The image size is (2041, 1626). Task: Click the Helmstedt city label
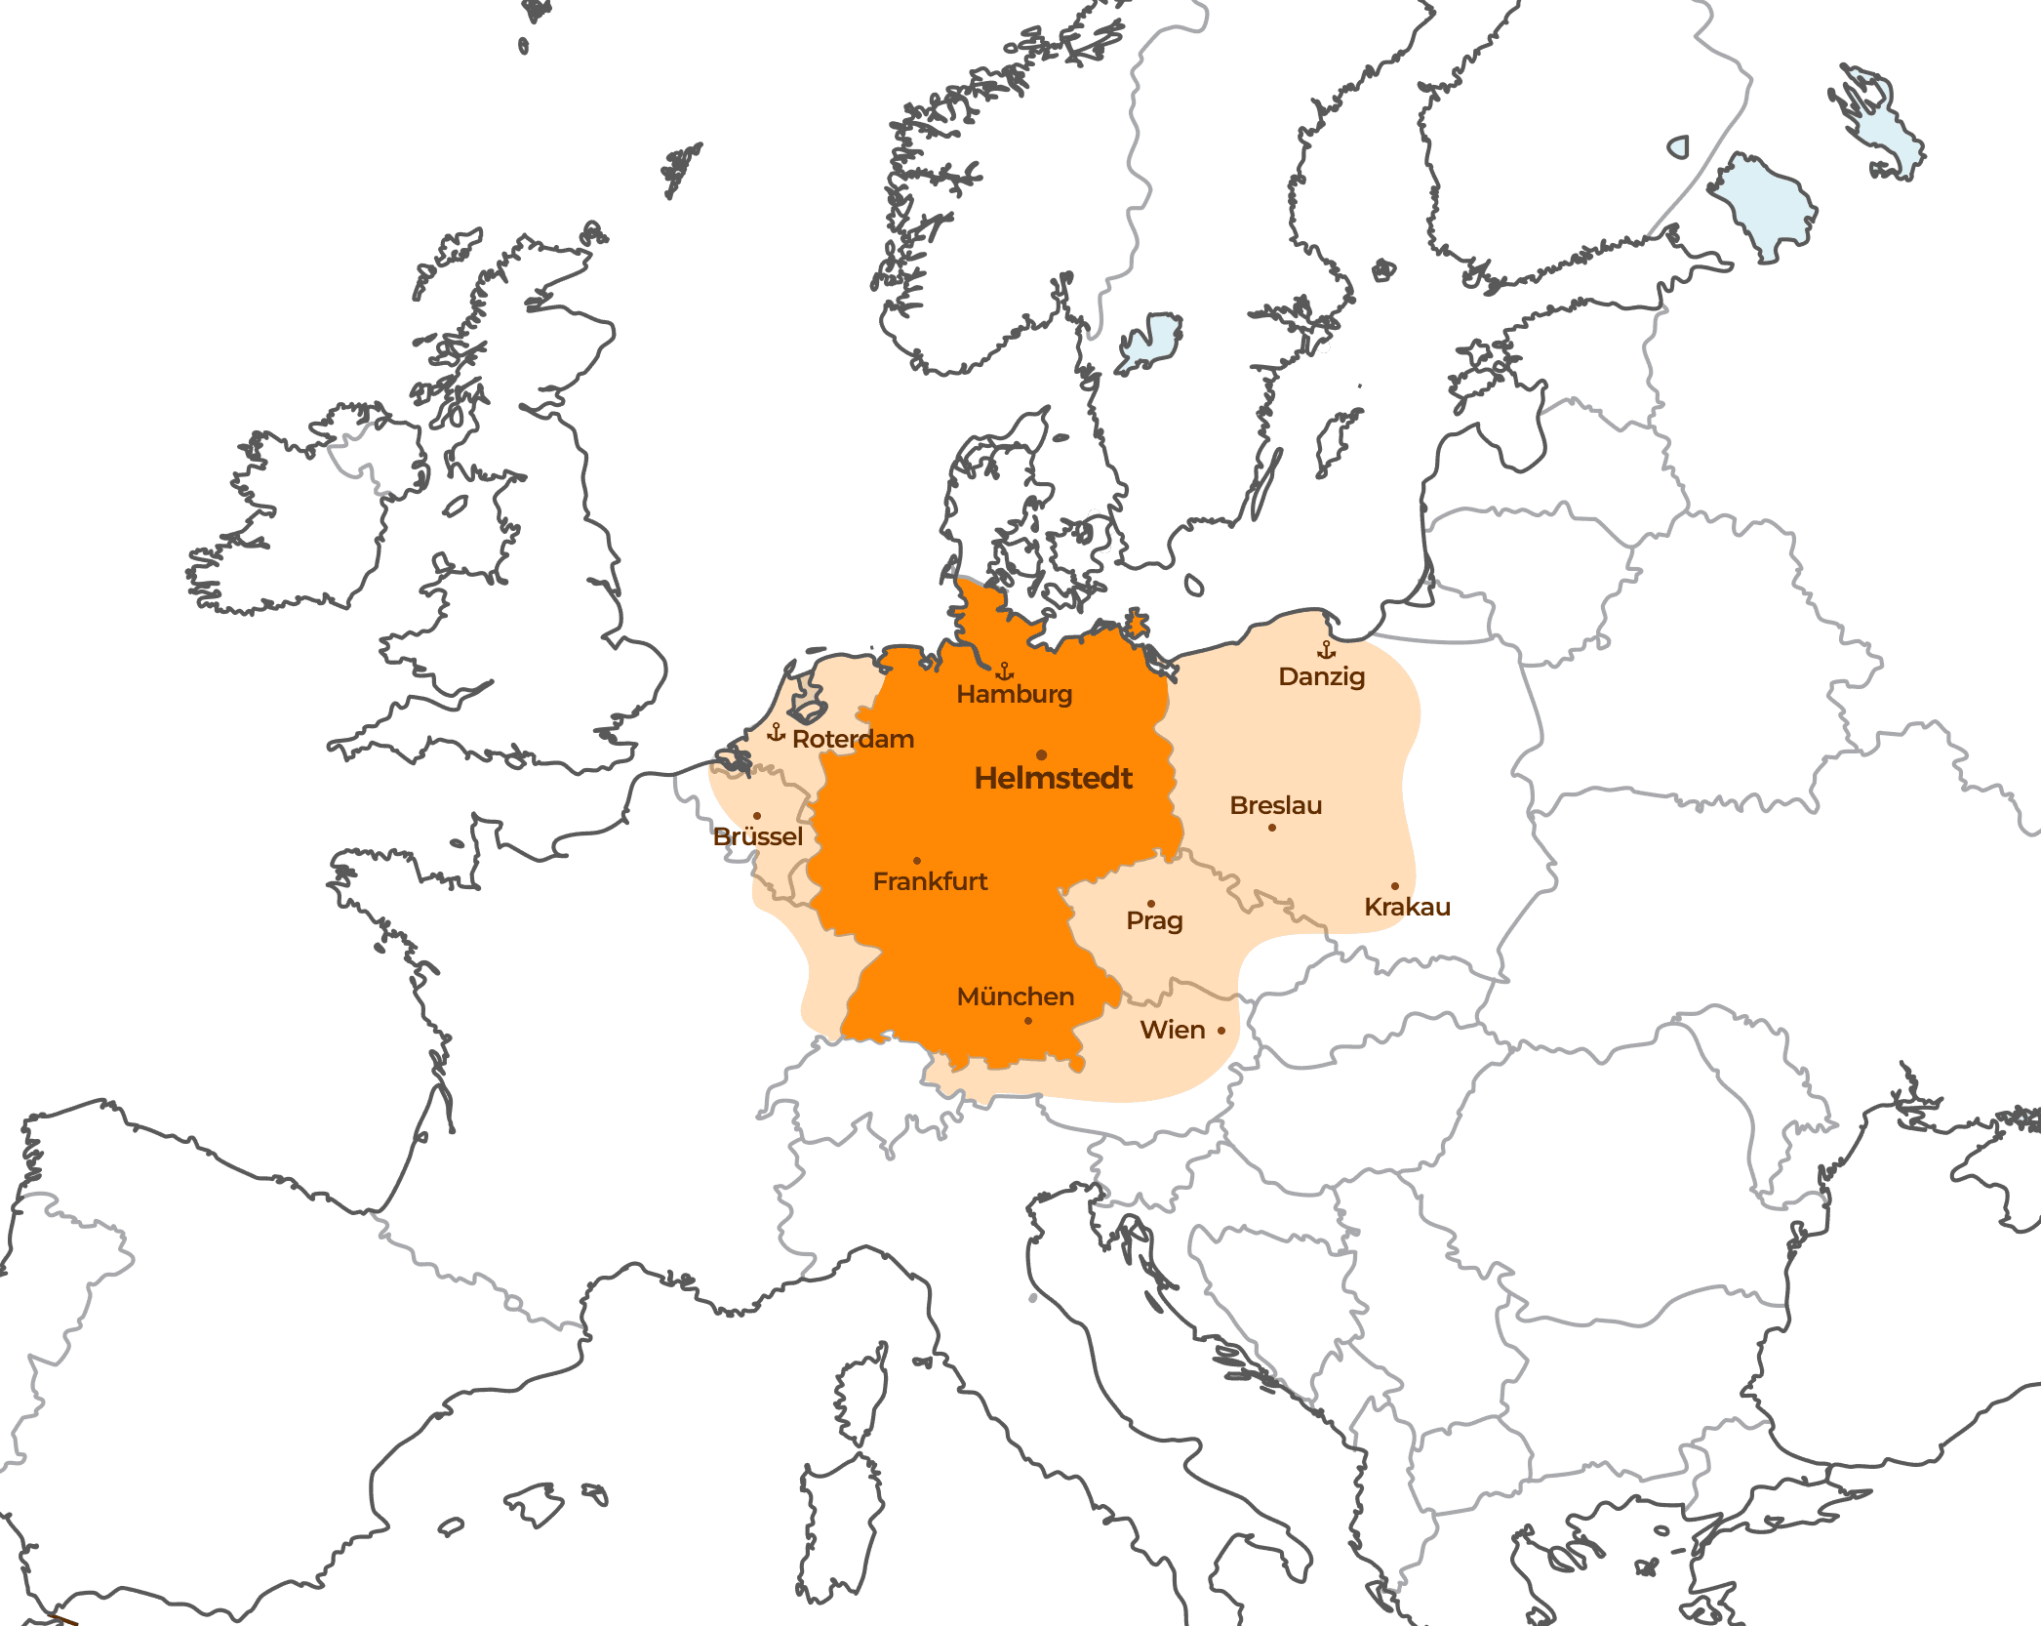click(1054, 779)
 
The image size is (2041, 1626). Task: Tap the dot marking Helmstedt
click(1042, 755)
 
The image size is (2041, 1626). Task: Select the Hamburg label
click(1015, 694)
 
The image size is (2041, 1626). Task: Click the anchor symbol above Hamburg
click(1005, 671)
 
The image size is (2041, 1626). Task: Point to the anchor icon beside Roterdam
click(777, 732)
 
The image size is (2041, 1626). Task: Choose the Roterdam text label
click(854, 739)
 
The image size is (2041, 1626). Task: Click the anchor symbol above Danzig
click(1327, 649)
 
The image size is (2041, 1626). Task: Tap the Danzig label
click(1322, 676)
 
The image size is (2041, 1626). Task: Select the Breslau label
click(1276, 805)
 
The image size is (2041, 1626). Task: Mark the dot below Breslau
click(1272, 828)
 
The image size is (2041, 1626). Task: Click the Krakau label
click(1407, 907)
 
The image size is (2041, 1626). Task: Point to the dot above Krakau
click(1395, 886)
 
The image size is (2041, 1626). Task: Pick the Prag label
click(1155, 920)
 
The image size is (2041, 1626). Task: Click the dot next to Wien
click(1221, 1031)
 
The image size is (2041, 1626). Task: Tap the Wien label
click(1173, 1030)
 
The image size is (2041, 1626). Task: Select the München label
click(1016, 996)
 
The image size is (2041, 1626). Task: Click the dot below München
click(1028, 1021)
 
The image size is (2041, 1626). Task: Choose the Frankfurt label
click(930, 881)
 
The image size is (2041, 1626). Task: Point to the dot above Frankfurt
click(917, 861)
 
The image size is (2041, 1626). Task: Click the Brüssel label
click(758, 836)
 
